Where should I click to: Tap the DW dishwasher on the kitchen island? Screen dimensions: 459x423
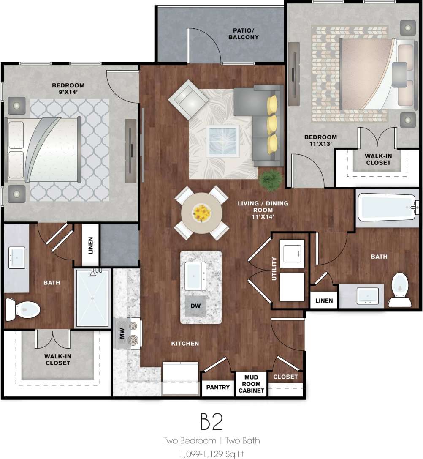click(x=195, y=305)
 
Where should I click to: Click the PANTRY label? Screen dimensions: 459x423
click(x=218, y=387)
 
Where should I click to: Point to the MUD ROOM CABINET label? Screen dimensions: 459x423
click(x=251, y=383)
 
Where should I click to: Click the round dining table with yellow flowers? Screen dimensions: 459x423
click(x=202, y=213)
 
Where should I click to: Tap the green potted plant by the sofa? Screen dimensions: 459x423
click(x=270, y=180)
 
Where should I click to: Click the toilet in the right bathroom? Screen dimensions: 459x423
click(x=399, y=290)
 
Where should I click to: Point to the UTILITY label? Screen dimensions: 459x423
click(x=274, y=270)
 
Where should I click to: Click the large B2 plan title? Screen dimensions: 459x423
click(x=211, y=422)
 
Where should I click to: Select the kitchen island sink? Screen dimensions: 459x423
click(x=195, y=276)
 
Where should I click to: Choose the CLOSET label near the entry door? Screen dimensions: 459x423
click(x=285, y=377)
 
